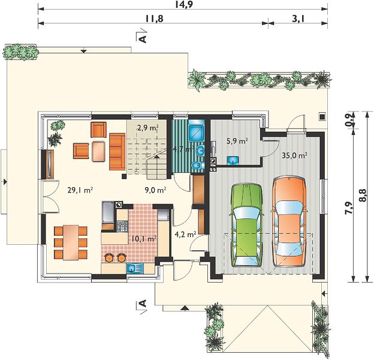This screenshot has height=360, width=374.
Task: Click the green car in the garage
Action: pyautogui.click(x=246, y=225)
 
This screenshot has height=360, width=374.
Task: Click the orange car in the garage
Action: pyautogui.click(x=289, y=221)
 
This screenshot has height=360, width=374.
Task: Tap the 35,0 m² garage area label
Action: pyautogui.click(x=294, y=155)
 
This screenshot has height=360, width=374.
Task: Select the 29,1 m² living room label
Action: pyautogui.click(x=80, y=190)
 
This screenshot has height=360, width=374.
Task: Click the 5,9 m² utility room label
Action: pyautogui.click(x=237, y=141)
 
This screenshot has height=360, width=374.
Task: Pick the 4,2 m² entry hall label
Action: pyautogui.click(x=185, y=235)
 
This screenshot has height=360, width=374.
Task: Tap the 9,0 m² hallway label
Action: pyautogui.click(x=155, y=190)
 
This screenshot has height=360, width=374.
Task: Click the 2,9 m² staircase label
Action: pyautogui.click(x=148, y=128)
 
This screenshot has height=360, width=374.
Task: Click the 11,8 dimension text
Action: pyautogui.click(x=154, y=19)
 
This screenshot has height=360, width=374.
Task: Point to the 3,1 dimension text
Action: pyautogui.click(x=298, y=19)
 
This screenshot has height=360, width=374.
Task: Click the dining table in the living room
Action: pyautogui.click(x=71, y=242)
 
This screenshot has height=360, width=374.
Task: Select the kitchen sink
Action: pyautogui.click(x=135, y=268)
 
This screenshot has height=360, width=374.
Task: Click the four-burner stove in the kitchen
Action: pyautogui.click(x=122, y=226)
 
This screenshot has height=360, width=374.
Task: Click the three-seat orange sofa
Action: pyautogui.click(x=117, y=152)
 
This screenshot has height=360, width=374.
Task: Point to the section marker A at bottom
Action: pyautogui.click(x=143, y=304)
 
